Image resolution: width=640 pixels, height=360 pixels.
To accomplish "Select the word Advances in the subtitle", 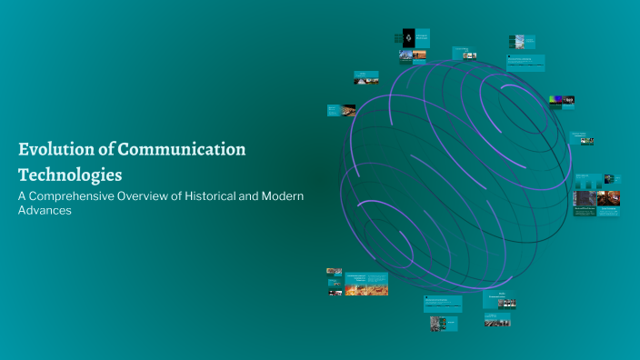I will tap(45, 211).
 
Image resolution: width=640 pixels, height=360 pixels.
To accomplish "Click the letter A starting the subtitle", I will tap(23, 196).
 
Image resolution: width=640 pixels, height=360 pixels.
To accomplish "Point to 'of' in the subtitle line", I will tap(182, 196).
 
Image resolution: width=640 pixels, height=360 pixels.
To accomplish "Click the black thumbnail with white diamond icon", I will tap(408, 38).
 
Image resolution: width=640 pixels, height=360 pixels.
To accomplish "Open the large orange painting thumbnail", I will tap(366, 289).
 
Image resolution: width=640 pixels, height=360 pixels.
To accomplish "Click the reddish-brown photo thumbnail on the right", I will tap(608, 197).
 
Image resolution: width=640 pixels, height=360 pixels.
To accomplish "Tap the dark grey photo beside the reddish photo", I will tap(584, 197).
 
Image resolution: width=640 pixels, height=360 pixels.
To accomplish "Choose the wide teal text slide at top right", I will tap(526, 63).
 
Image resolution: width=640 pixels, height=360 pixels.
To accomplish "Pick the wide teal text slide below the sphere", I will tap(442, 303).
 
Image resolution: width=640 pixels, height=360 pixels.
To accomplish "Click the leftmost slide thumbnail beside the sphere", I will tap(335, 110).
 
